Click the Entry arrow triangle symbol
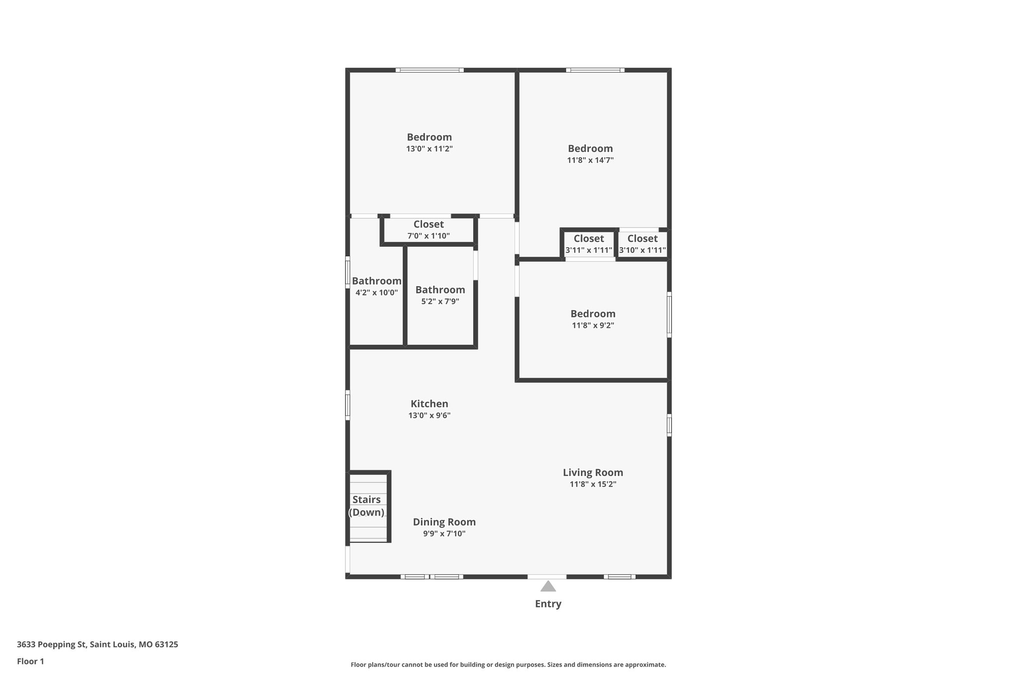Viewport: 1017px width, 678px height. coord(548,587)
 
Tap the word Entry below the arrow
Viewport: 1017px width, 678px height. coord(548,604)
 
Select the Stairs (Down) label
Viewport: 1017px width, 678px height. coord(366,506)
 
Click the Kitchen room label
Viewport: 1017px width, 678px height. coord(429,404)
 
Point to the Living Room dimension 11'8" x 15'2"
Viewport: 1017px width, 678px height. coord(592,484)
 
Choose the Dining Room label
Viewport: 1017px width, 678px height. coord(444,522)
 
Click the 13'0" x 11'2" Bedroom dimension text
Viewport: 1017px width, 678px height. coord(429,149)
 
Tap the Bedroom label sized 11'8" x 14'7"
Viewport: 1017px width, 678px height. coord(590,149)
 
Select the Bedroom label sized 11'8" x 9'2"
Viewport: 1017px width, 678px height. coord(592,314)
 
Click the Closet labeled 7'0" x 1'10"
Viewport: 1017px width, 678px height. coord(429,225)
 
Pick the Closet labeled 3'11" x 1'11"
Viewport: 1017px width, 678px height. coord(588,239)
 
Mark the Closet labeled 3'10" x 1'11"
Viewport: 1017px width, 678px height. coord(642,239)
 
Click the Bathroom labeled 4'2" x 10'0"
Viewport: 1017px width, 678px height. coord(376,281)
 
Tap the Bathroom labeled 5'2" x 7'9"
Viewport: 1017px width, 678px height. coord(440,290)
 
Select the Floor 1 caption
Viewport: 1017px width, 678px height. coord(30,662)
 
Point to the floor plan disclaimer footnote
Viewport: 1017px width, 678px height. coord(508,665)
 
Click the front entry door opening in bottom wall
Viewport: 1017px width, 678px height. coord(547,577)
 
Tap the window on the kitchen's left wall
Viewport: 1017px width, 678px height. coord(348,405)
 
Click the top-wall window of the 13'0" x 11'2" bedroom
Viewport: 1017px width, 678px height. coord(430,70)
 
